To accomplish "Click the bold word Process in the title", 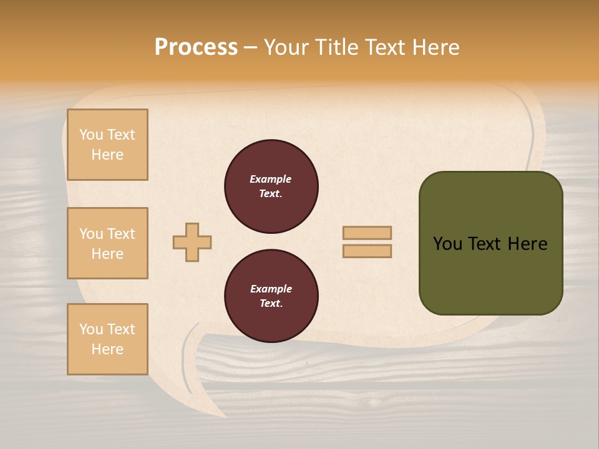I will coord(196,47).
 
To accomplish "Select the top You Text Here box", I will coord(107,145).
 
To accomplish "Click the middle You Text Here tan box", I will coord(107,243).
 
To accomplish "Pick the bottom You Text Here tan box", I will coord(107,339).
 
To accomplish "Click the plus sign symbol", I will coord(192,242).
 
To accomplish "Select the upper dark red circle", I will coord(271,186).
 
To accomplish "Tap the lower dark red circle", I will coord(271,296).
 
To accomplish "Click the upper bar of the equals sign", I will coord(367,233).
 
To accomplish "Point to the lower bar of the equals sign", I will coord(367,251).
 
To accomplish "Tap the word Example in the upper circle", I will coord(270,179).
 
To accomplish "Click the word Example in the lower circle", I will coord(271,289).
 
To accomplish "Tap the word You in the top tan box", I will coord(91,135).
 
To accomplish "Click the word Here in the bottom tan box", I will coord(107,349).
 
